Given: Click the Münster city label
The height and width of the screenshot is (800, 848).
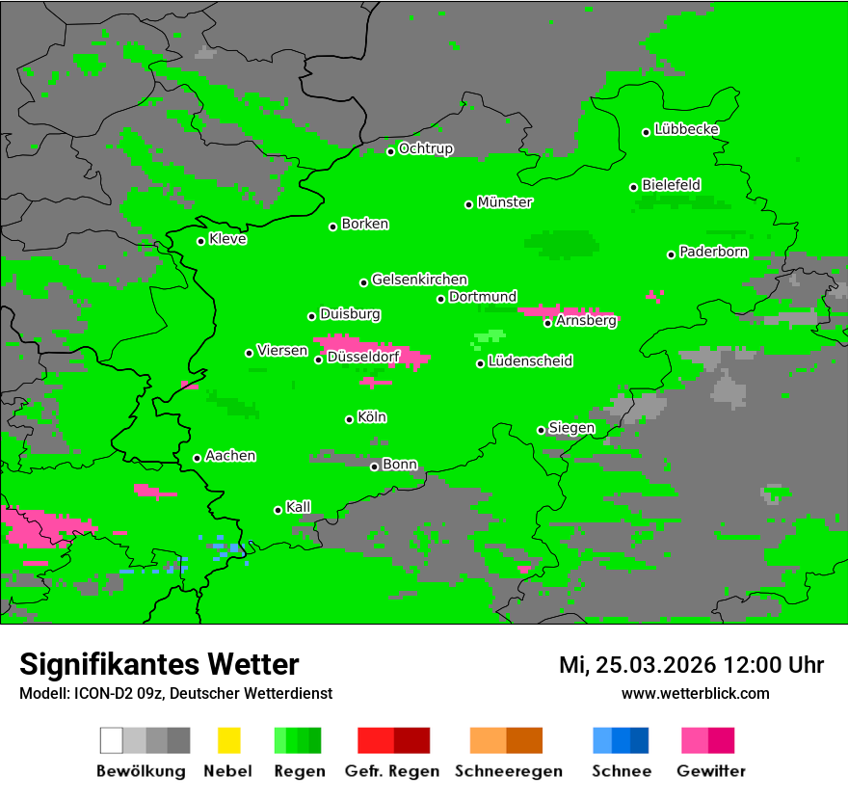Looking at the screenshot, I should tap(504, 202).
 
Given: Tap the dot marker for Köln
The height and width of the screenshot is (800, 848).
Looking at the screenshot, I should tap(349, 419).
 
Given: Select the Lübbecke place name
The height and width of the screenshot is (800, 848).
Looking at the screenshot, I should tap(686, 129).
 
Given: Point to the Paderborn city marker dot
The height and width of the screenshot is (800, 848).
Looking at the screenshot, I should tap(671, 254).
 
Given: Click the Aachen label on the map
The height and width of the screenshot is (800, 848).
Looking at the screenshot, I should tap(230, 456).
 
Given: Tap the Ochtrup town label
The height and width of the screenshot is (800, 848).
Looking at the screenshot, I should tap(425, 148).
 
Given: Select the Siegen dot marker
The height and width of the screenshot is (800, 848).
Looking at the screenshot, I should tap(541, 430).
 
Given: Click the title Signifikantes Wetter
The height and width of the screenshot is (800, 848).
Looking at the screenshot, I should tap(159, 664).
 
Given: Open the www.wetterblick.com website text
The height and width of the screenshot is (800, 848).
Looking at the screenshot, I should tap(695, 693).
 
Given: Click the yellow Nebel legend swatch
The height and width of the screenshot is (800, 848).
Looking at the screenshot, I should tap(228, 740).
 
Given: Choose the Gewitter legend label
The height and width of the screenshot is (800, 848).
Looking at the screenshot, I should tap(710, 771).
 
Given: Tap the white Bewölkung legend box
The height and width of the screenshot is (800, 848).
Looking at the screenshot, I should tap(112, 740).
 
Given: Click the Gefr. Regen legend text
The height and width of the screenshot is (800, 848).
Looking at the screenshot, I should tap(391, 771).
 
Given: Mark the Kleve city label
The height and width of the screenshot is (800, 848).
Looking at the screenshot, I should tap(227, 239).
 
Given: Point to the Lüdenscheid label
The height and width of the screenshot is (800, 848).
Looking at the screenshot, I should tap(530, 361).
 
